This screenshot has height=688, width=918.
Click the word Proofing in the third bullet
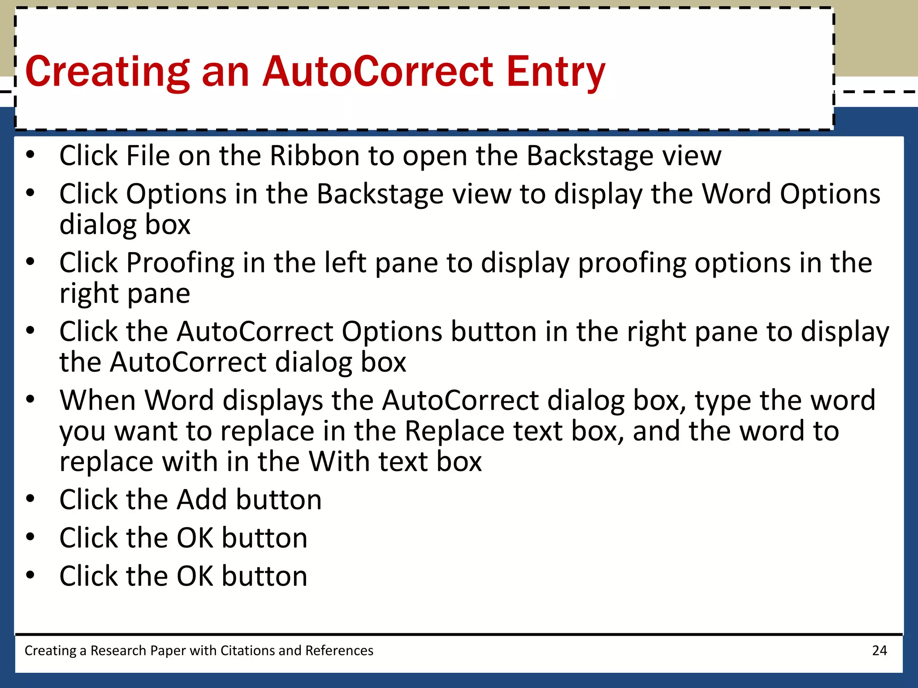(180, 263)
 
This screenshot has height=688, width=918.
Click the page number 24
(879, 650)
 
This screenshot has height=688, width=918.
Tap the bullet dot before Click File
(30, 155)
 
